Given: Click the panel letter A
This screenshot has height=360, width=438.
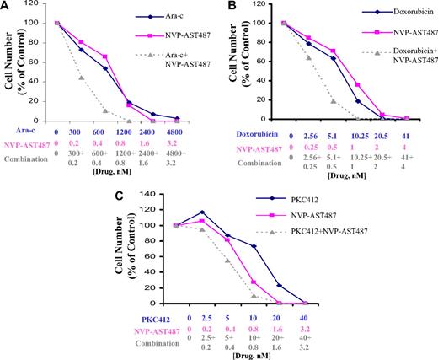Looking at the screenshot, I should [x=7, y=8].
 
